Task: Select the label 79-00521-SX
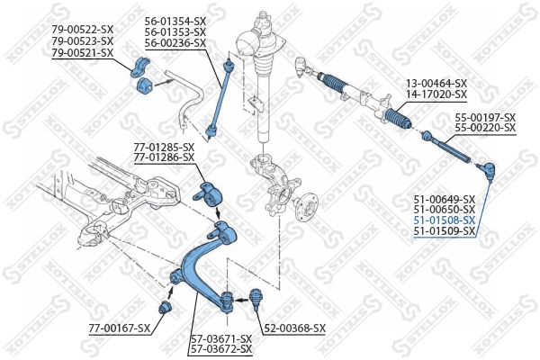pyautogui.click(x=82, y=52)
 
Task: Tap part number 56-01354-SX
pyautogui.click(x=175, y=20)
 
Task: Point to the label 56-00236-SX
pyautogui.click(x=175, y=42)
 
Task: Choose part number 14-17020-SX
pyautogui.click(x=436, y=94)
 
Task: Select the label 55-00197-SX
pyautogui.click(x=484, y=118)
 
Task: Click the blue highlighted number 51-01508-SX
pyautogui.click(x=444, y=220)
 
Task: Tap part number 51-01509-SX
pyautogui.click(x=444, y=231)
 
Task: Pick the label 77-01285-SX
pyautogui.click(x=164, y=146)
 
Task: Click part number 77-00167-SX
pyautogui.click(x=119, y=328)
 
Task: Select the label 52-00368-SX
pyautogui.click(x=293, y=328)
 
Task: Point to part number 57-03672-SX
pyautogui.click(x=221, y=348)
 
